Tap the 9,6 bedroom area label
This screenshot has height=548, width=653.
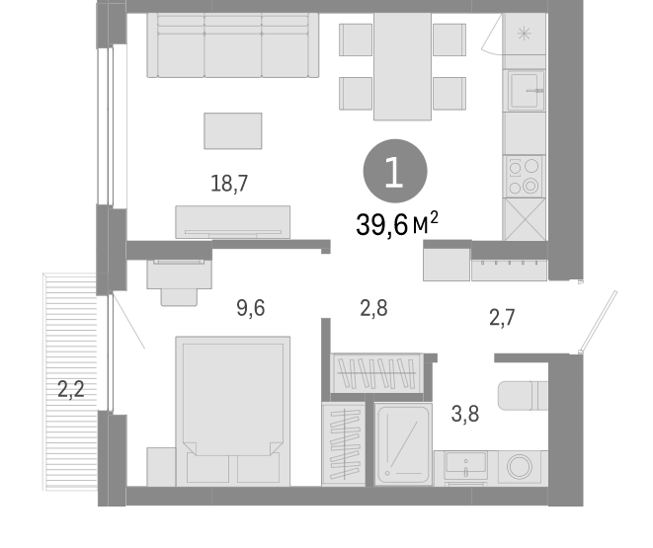pos(250,307)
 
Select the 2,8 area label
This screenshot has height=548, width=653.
pos(372,307)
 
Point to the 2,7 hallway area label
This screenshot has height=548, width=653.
pos(502,317)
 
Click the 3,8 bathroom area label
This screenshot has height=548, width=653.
pos(465,415)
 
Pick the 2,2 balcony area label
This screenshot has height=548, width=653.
pos(70,389)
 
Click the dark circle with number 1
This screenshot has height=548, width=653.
pos(395,175)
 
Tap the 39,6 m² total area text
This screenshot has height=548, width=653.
pos(396,224)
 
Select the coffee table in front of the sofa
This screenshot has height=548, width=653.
pos(233,130)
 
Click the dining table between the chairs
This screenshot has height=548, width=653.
pos(402,65)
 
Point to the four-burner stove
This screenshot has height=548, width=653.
pos(524,176)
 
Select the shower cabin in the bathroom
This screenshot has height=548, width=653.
pos(403,442)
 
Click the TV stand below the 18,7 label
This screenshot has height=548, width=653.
pos(233,221)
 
